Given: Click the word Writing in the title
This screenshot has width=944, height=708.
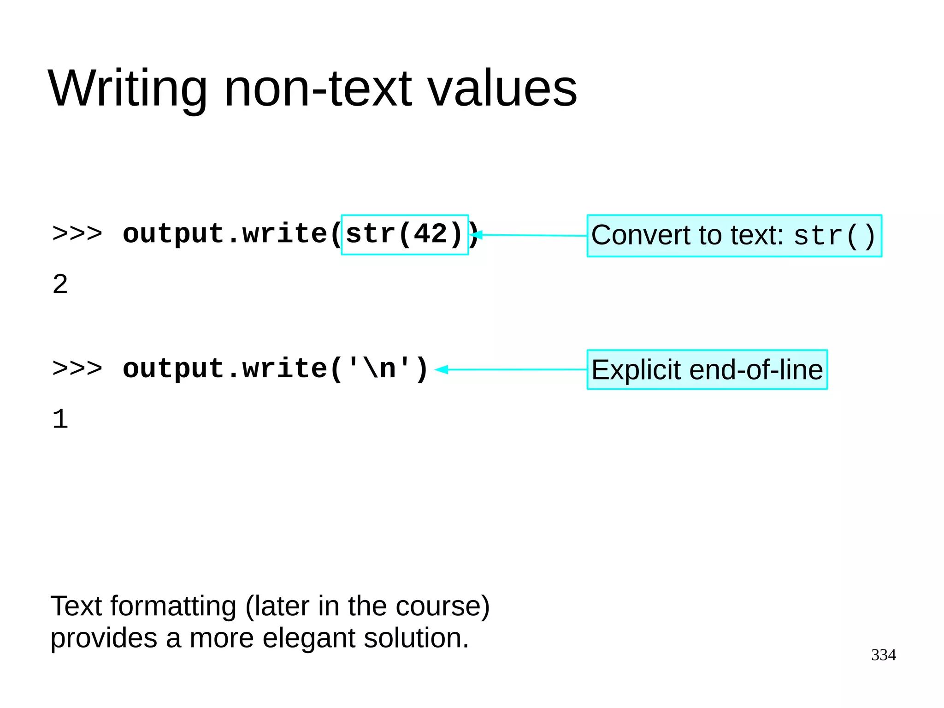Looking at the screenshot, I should coord(128,89).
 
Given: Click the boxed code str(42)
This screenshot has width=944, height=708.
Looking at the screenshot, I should coord(404,234).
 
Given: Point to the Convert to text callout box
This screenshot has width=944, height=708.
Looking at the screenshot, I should coord(734,236).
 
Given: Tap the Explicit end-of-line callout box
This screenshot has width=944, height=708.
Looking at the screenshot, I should coord(707,369).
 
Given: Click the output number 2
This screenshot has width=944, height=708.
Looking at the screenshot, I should coord(60,284).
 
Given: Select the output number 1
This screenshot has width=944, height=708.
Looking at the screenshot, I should coord(60,419).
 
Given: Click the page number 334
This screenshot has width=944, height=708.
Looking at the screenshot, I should coord(883,655).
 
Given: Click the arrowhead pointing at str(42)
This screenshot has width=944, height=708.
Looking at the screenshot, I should coord(477,235).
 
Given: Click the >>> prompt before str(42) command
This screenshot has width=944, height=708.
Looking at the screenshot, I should coord(77,234).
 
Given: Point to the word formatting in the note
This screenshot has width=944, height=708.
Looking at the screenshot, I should coord(173,606).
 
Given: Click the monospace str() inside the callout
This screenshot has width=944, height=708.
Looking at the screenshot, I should coord(834,236).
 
